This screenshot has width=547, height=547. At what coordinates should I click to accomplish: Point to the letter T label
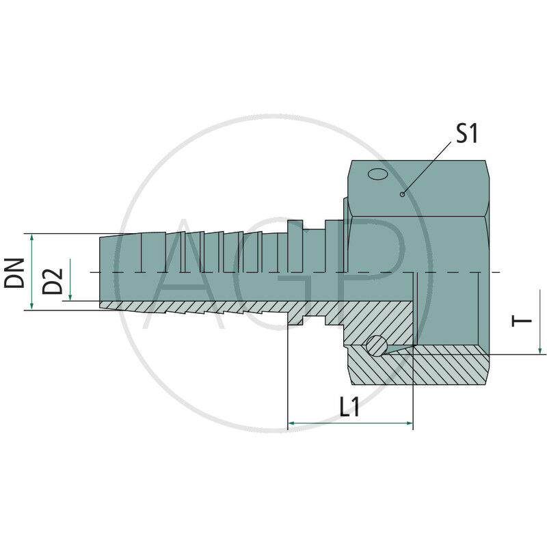(x=522, y=321)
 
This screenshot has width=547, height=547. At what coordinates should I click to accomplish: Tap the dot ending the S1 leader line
(x=403, y=194)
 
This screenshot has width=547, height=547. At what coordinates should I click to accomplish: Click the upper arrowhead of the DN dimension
(x=31, y=237)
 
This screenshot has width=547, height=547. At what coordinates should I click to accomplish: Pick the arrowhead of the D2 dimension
(x=70, y=297)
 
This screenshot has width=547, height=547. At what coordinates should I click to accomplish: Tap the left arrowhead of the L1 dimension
(x=292, y=424)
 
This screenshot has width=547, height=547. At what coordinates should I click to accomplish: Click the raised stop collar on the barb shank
(x=295, y=239)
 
